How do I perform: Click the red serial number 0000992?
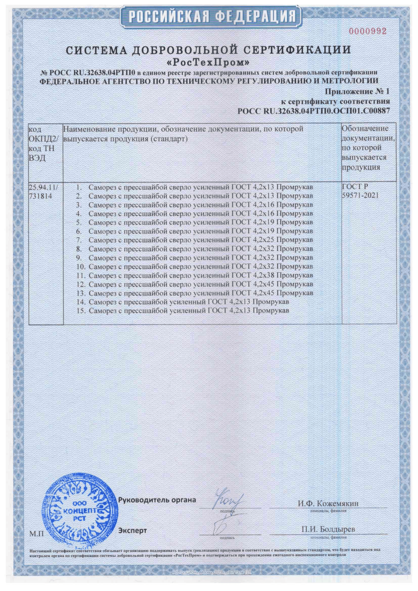click(367, 31)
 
